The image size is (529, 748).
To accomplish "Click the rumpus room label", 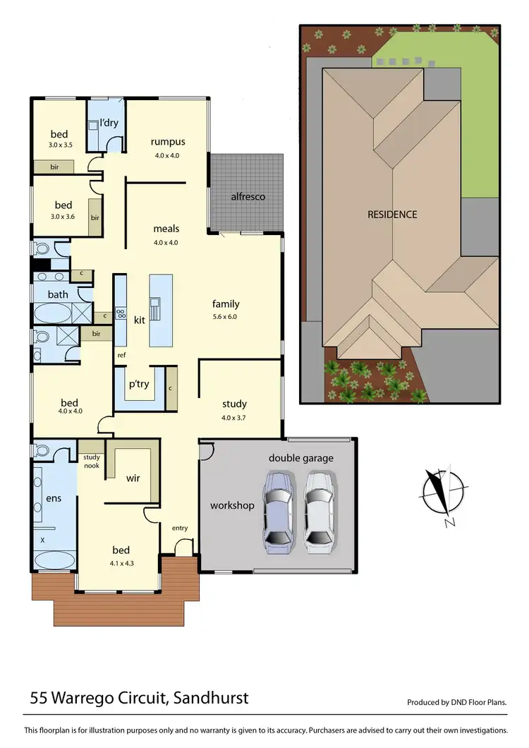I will pyautogui.click(x=167, y=140).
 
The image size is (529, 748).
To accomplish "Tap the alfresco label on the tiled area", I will pyautogui.click(x=248, y=196).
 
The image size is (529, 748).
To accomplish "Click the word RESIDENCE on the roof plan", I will pyautogui.click(x=392, y=215).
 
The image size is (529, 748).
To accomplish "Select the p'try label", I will pyautogui.click(x=138, y=385).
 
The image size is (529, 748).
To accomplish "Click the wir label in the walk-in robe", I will pyautogui.click(x=133, y=478).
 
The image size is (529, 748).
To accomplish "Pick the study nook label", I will pyautogui.click(x=90, y=462).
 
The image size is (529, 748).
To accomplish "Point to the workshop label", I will pyautogui.click(x=232, y=505).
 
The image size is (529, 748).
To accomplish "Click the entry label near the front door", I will pyautogui.click(x=180, y=528).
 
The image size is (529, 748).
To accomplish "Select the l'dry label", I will pyautogui.click(x=109, y=123).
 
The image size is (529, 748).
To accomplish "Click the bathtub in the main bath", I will pyautogui.click(x=53, y=313).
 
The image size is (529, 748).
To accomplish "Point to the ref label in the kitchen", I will pyautogui.click(x=121, y=355).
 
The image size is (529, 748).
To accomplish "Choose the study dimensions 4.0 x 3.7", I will pyautogui.click(x=234, y=417).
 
